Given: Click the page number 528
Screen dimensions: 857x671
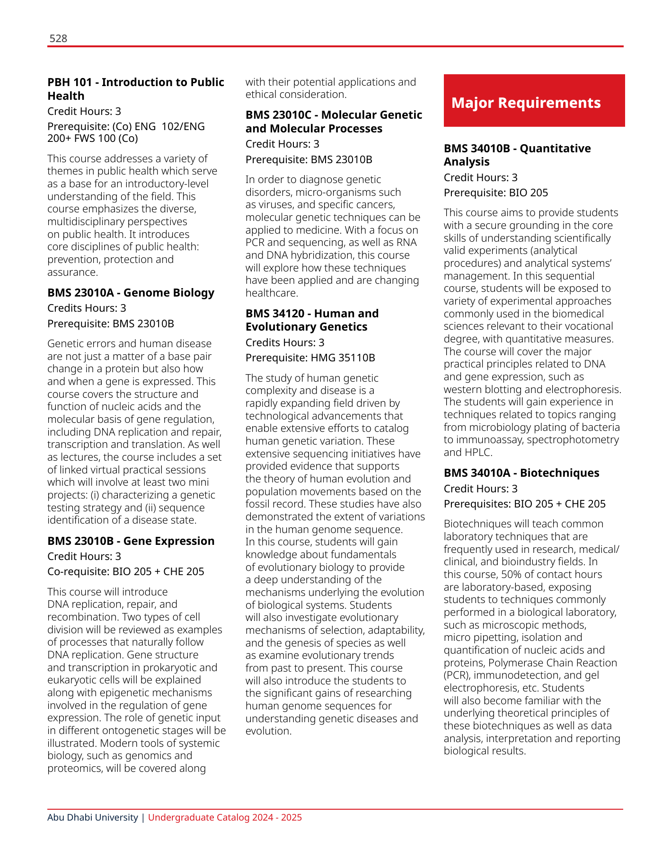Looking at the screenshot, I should pyautogui.click(x=58, y=38).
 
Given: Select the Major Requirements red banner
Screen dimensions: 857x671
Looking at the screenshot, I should pyautogui.click(x=534, y=101).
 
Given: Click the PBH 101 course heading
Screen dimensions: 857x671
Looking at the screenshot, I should pyautogui.click(x=136, y=89).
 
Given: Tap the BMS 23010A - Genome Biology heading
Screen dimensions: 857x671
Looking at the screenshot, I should pyautogui.click(x=131, y=293).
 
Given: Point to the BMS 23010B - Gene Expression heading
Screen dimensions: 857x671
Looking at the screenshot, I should pyautogui.click(x=131, y=541).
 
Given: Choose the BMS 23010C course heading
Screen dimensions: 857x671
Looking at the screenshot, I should pyautogui.click(x=334, y=122).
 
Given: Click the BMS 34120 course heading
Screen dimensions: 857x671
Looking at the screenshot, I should pyautogui.click(x=312, y=320).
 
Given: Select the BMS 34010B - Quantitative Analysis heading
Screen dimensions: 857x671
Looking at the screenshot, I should pyautogui.click(x=517, y=155).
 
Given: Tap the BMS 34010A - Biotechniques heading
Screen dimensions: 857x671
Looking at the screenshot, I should pyautogui.click(x=521, y=473).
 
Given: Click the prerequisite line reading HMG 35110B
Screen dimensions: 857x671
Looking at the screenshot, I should pyautogui.click(x=310, y=358).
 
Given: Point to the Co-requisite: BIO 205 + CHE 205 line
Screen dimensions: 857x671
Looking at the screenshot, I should pyautogui.click(x=126, y=572).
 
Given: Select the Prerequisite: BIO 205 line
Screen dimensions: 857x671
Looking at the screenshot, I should pyautogui.click(x=495, y=193).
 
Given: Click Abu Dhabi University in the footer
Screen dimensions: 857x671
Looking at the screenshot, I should pyautogui.click(x=92, y=818).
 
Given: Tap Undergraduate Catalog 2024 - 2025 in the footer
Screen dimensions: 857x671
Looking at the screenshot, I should pyautogui.click(x=225, y=818).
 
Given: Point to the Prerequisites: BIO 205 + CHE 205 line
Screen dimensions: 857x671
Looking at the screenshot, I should pyautogui.click(x=524, y=504).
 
